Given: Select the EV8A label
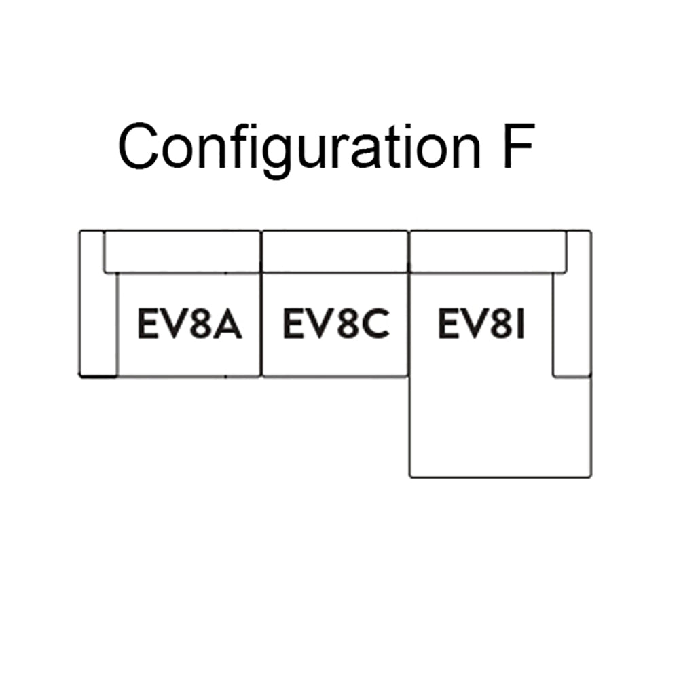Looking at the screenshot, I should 189,325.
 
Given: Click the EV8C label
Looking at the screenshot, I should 335,325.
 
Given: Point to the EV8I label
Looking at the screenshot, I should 481,325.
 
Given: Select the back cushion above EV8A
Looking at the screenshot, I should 182,251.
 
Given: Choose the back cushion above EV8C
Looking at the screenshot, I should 335,251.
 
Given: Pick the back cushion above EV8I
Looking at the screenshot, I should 488,251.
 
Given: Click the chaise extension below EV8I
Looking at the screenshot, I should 499,428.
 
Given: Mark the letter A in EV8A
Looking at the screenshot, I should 227,325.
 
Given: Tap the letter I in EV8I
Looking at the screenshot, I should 520,325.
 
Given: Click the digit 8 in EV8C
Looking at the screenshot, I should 344,325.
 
